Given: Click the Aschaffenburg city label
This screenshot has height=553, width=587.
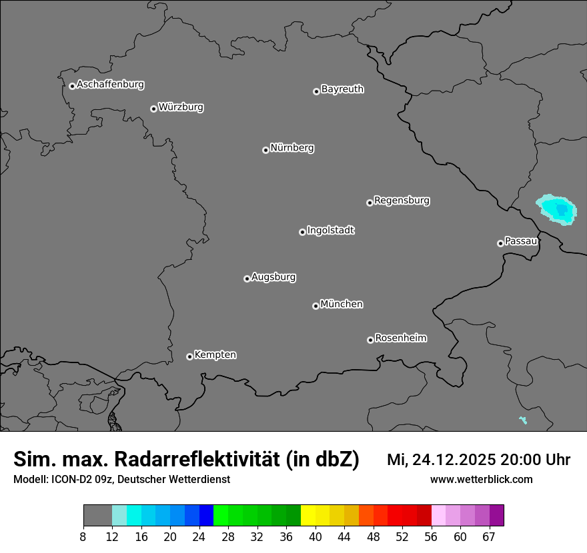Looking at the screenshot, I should click(110, 85).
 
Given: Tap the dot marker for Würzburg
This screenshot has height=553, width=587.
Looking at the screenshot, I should click(153, 109).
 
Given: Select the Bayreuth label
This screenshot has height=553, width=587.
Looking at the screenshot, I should click(342, 89).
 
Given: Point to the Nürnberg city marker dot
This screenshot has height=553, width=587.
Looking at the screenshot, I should click(265, 150).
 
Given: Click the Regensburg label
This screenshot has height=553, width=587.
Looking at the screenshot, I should click(402, 200).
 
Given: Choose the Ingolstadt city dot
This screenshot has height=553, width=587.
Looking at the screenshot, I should click(302, 232).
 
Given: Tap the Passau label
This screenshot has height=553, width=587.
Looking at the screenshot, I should click(521, 241).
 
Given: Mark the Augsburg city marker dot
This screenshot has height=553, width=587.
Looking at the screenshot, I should click(247, 278).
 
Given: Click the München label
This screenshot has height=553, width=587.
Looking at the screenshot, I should click(342, 304).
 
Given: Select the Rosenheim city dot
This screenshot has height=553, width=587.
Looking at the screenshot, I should click(370, 340).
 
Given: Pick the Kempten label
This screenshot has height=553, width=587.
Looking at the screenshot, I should click(215, 354).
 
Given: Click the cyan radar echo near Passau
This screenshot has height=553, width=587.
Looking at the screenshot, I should click(556, 210).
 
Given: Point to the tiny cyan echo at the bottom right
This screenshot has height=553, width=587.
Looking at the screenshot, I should click(523, 420).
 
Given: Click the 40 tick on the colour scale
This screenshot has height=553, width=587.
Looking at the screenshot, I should click(316, 536).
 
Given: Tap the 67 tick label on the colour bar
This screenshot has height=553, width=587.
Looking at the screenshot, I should click(489, 536).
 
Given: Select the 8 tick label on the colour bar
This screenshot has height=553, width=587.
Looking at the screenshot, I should click(83, 536).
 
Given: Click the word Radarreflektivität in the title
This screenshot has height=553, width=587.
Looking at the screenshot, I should click(199, 459).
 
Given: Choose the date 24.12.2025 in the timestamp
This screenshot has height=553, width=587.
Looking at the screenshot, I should click(453, 460).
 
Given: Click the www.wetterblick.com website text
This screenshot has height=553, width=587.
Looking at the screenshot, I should click(481, 479).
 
